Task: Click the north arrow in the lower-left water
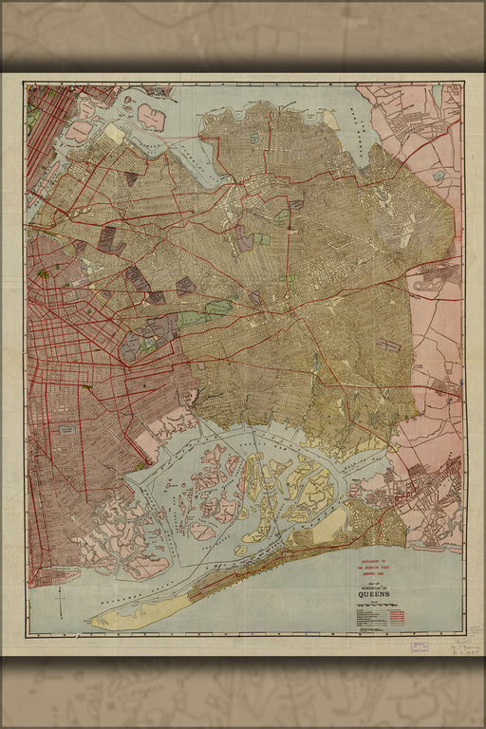[59, 597]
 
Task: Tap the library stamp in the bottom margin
[419, 647]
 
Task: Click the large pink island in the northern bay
[151, 117]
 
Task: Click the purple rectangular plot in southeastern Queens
[388, 346]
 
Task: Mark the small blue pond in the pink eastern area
[438, 176]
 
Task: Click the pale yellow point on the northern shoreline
[330, 120]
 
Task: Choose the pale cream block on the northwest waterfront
[114, 134]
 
